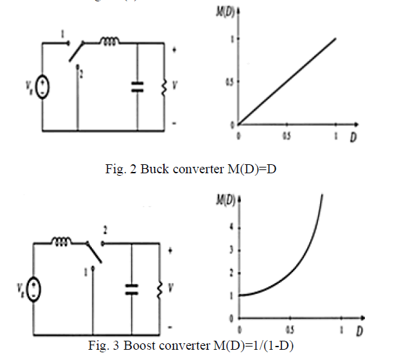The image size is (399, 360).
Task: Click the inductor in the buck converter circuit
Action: pyautogui.click(x=109, y=43)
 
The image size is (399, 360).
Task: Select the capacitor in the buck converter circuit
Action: pyautogui.click(x=137, y=87)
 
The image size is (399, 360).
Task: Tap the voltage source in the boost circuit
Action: pyautogui.click(x=32, y=289)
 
